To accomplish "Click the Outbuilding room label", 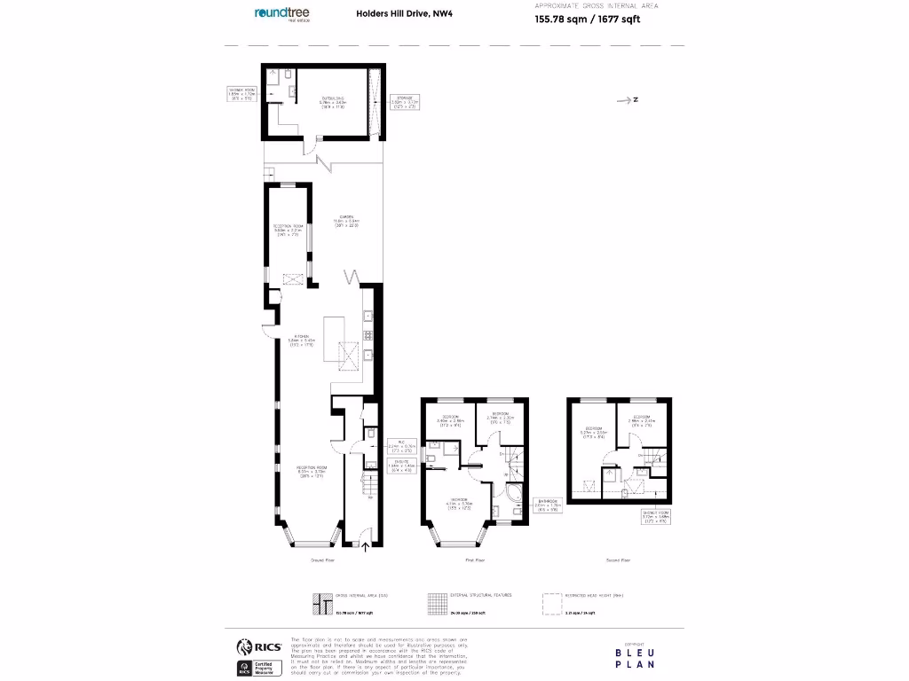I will (332, 100).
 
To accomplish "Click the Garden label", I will (345, 223).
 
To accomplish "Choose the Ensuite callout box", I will (404, 467).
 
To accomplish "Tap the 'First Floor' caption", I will (475, 560).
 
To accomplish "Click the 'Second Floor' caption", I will (619, 560).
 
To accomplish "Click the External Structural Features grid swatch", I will (435, 604).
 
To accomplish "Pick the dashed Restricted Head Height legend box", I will (551, 604).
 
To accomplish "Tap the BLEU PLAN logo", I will (636, 656).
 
